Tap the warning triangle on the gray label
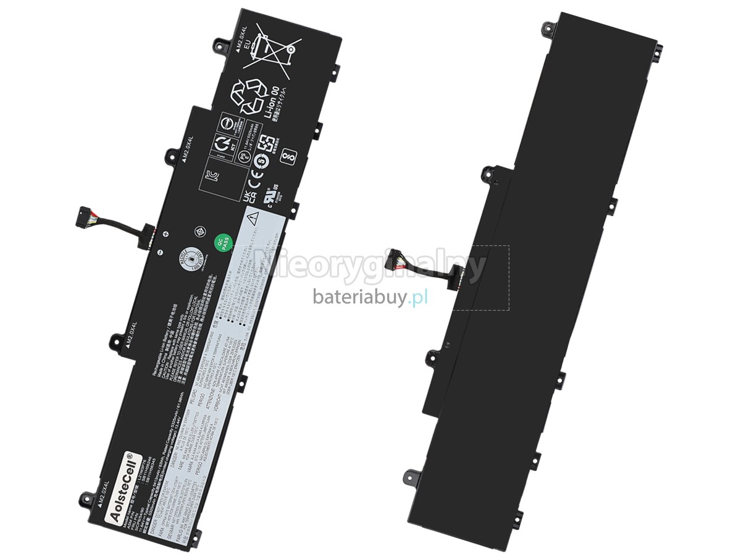coord(252,217)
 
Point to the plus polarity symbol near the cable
coord(165,234)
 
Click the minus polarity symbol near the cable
coord(159,252)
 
